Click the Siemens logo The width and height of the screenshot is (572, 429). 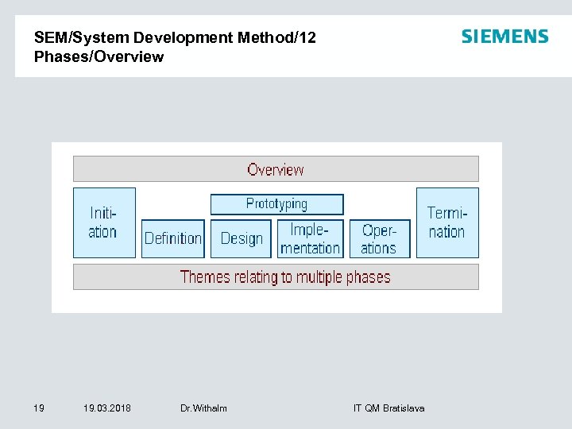504,37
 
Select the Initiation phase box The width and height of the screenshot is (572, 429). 104,222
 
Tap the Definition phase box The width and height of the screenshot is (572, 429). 173,238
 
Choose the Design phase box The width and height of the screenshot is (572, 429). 242,238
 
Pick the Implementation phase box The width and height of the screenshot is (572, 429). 310,238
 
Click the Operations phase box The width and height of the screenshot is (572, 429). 379,238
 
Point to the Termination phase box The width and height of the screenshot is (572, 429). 447,222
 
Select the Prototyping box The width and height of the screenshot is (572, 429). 276,204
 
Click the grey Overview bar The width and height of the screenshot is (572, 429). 276,169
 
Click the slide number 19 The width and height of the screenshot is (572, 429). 39,408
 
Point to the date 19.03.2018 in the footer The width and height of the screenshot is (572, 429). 107,408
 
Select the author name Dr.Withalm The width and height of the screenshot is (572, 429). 203,408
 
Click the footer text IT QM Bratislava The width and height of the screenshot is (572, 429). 388,408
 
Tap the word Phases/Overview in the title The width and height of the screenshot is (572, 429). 99,57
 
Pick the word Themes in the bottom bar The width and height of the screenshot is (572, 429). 205,277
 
